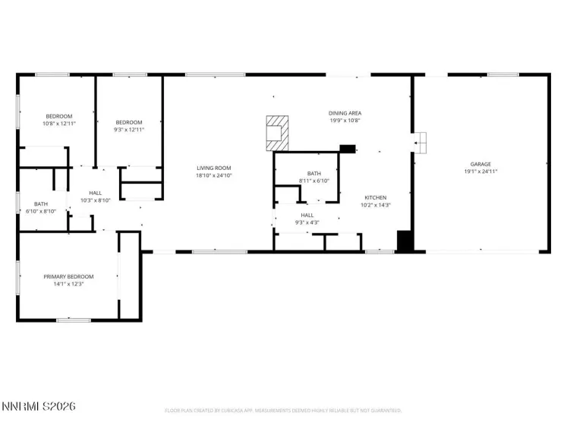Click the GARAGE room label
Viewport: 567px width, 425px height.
click(480, 164)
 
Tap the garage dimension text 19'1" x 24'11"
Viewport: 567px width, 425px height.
click(480, 172)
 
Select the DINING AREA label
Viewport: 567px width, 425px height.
click(344, 112)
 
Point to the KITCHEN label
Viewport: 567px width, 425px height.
click(375, 197)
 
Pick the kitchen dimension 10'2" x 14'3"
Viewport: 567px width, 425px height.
click(375, 205)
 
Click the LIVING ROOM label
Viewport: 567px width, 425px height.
click(213, 168)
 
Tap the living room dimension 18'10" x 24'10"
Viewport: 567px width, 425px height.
click(213, 175)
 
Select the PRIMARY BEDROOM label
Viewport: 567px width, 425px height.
click(68, 276)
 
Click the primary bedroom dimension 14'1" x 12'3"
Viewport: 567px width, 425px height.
click(68, 284)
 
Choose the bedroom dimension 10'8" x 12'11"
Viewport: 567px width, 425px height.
click(58, 123)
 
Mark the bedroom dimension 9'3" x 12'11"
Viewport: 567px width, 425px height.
click(129, 130)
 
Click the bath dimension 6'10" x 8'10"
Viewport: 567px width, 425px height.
click(41, 211)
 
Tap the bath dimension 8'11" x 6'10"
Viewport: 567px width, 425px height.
click(313, 181)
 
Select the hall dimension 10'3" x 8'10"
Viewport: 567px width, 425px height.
click(96, 200)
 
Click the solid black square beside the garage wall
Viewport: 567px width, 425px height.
click(406, 241)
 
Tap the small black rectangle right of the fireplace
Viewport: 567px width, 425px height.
click(348, 149)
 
